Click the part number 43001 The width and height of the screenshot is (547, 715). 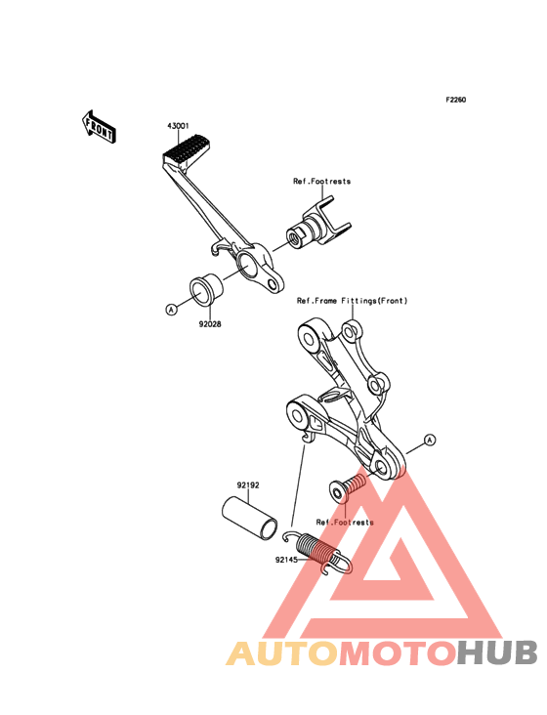coord(178,126)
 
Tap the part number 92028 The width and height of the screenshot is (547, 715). coord(210,324)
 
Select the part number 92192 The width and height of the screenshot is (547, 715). coord(247,485)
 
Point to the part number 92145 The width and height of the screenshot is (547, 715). coord(286,560)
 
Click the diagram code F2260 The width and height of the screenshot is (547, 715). coord(456,100)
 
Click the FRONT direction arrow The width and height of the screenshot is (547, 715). coord(99,127)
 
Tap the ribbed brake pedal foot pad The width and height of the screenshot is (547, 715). coord(186,149)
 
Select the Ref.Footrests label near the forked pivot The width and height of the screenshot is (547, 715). coord(321,181)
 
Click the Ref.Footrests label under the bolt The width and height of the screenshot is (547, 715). coord(345,523)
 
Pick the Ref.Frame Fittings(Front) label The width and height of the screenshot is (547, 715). coord(352,301)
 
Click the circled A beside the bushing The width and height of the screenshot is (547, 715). coord(171,310)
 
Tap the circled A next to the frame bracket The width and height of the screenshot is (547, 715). coord(430,440)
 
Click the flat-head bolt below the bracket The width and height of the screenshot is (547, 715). coord(348,487)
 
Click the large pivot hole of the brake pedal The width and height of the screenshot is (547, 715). coord(247,266)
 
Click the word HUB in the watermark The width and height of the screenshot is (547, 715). coord(497,652)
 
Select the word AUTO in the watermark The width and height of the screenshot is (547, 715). coord(282,652)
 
